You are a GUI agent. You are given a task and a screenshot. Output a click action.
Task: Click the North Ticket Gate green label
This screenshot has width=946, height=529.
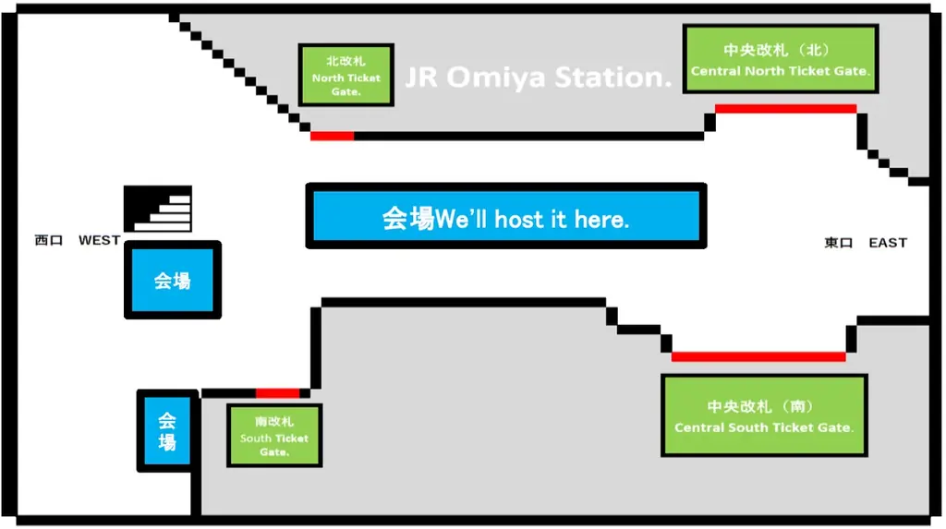tap(346, 75)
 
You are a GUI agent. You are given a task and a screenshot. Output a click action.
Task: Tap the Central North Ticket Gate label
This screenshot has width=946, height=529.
tap(780, 59)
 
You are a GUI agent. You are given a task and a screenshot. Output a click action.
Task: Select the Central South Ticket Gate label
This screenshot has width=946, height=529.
tap(764, 415)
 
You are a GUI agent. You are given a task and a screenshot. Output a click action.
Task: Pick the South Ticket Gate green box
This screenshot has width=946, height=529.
tap(274, 435)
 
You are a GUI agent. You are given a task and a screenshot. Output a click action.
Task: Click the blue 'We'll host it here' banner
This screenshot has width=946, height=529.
tap(505, 217)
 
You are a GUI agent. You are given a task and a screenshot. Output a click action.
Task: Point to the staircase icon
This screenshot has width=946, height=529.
tap(158, 209)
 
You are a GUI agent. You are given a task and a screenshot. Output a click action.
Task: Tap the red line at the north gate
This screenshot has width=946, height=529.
tap(332, 137)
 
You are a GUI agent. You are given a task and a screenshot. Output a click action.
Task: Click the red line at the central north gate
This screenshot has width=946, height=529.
tap(785, 109)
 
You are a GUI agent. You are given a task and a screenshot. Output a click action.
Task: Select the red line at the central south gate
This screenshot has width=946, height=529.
tap(758, 356)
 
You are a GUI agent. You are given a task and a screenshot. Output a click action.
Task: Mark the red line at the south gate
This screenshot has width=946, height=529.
tap(277, 393)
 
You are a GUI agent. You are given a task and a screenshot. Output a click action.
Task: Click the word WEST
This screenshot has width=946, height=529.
tap(99, 241)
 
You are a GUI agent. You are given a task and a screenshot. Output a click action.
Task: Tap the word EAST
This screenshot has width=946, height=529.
tap(888, 243)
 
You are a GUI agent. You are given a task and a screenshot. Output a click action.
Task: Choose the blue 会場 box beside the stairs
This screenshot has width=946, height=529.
tap(173, 281)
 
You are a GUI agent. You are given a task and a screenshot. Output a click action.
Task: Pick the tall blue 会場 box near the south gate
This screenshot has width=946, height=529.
tap(167, 431)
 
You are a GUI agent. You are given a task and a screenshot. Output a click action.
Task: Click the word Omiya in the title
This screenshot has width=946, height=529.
tap(498, 78)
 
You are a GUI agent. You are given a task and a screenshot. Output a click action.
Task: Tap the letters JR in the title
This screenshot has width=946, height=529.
tap(422, 78)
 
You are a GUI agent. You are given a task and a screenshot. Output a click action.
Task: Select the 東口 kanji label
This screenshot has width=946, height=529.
tap(839, 243)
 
